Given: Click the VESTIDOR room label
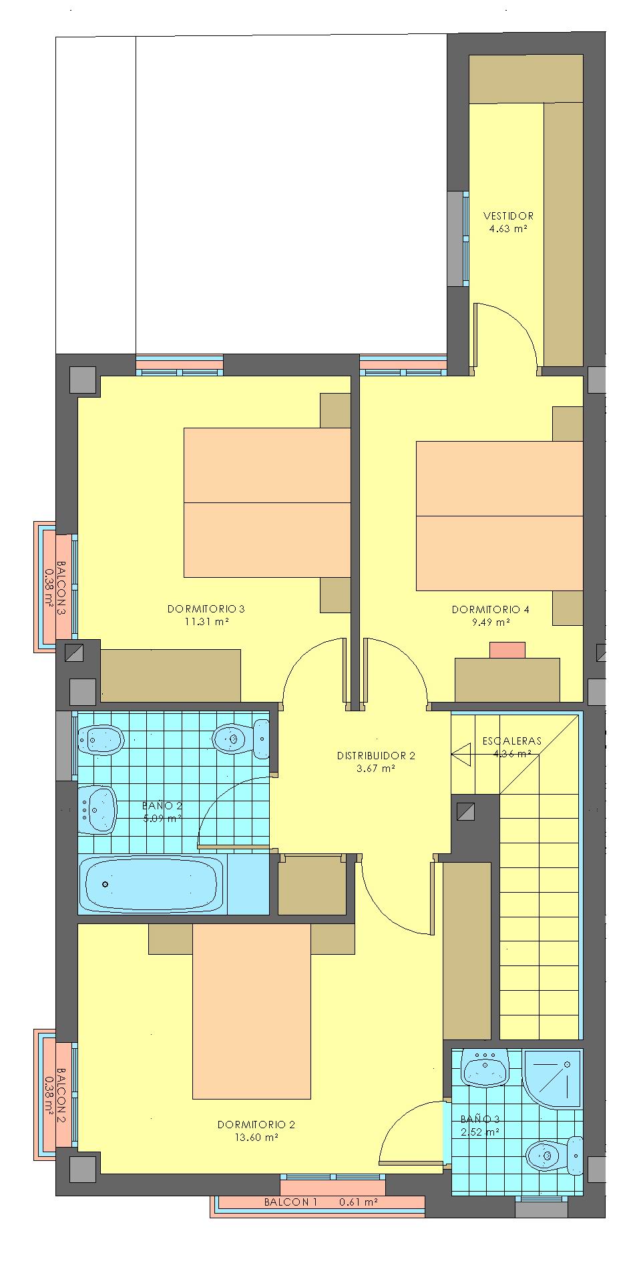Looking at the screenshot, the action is pyautogui.click(x=508, y=216).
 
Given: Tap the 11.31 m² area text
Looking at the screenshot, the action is pyautogui.click(x=207, y=622).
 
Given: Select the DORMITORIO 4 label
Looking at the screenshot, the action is pyautogui.click(x=491, y=609).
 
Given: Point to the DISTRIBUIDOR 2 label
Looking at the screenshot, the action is pyautogui.click(x=376, y=756).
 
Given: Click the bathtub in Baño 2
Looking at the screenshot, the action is pyautogui.click(x=152, y=885).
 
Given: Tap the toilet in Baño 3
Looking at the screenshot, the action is pyautogui.click(x=554, y=1155).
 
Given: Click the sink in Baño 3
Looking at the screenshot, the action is pyautogui.click(x=486, y=1068).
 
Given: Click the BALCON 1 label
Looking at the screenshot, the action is pyautogui.click(x=291, y=1202).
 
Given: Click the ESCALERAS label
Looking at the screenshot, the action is pyautogui.click(x=512, y=741).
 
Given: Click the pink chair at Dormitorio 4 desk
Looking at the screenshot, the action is pyautogui.click(x=507, y=650).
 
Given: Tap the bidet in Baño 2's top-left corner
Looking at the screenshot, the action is pyautogui.click(x=101, y=739).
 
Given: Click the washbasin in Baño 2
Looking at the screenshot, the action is pyautogui.click(x=98, y=809).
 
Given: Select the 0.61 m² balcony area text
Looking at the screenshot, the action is pyautogui.click(x=359, y=1202).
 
